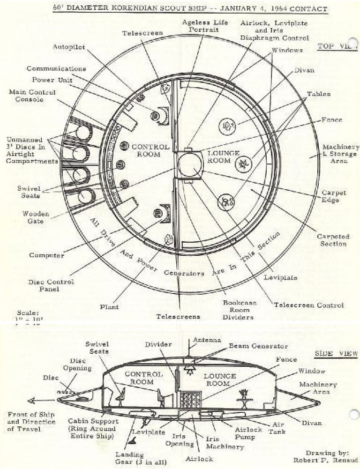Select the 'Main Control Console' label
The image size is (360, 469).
coord(32,96)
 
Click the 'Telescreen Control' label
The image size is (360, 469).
coord(308,305)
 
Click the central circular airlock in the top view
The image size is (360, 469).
coord(189,164)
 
